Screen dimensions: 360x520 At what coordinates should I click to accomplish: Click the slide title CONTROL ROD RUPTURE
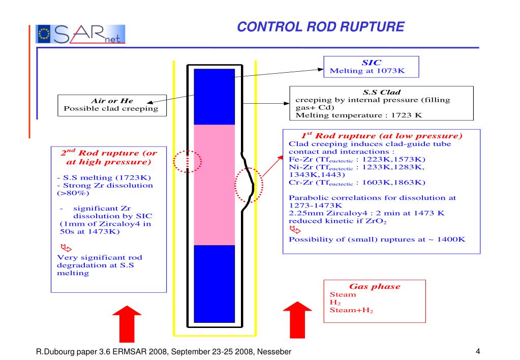pyautogui.click(x=321, y=26)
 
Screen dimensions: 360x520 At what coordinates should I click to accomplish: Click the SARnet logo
pyautogui.click(x=81, y=34)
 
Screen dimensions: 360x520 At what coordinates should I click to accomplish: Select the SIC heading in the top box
pyautogui.click(x=371, y=63)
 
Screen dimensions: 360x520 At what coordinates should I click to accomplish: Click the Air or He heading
pyautogui.click(x=111, y=101)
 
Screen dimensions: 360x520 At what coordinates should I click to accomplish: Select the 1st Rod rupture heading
pyautogui.click(x=381, y=136)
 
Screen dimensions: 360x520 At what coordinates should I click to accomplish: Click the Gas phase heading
pyautogui.click(x=374, y=286)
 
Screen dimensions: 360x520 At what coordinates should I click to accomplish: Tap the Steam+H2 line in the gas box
pyautogui.click(x=351, y=310)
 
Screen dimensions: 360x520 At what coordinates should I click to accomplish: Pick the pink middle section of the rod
pyautogui.click(x=214, y=183)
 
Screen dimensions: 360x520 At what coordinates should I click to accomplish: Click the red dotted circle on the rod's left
pyautogui.click(x=188, y=162)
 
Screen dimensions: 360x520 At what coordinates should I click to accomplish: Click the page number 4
pyautogui.click(x=478, y=351)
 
